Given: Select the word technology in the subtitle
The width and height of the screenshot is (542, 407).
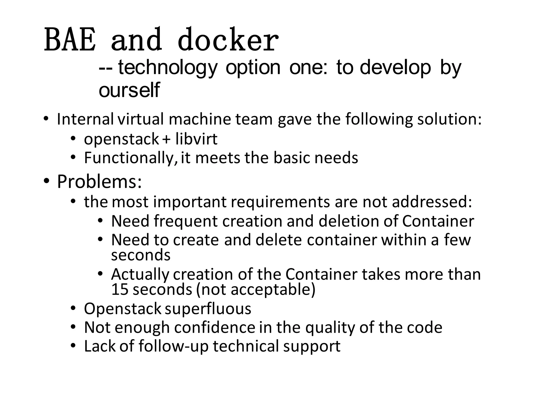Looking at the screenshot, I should (167, 68).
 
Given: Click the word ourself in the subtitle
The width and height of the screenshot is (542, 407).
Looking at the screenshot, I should (129, 90).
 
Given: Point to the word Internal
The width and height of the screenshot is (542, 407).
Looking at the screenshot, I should (85, 119).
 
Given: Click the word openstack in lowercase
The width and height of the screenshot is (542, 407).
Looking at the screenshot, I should (121, 139).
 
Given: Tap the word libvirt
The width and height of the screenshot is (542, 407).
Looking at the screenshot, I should (196, 139).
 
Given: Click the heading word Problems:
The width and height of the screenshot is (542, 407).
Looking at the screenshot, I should (100, 182).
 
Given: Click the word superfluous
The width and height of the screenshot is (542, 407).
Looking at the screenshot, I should (208, 309).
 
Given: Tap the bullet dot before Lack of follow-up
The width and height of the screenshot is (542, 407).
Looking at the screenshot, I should (73, 346).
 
